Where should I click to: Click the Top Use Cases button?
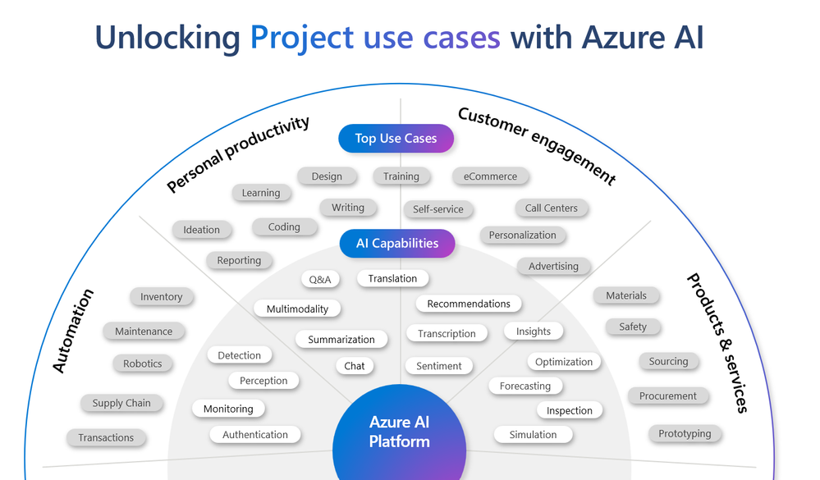396,139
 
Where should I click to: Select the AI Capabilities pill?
397,244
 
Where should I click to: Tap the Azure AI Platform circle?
400,432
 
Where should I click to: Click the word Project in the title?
301,38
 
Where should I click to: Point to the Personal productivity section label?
238,154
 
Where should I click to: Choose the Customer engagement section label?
537,145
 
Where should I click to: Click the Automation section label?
73,331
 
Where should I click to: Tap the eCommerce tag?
490,176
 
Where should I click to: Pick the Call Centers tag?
552,208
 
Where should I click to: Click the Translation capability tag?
392,279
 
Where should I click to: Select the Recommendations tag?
469,304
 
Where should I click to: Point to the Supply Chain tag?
121,404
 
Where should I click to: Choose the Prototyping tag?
685,434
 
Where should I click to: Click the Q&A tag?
320,280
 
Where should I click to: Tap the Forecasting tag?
525,386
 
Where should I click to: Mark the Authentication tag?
255,435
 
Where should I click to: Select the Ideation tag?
202,231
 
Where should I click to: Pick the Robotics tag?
143,364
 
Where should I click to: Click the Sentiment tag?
439,366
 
